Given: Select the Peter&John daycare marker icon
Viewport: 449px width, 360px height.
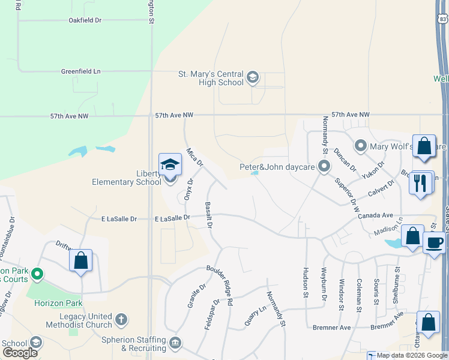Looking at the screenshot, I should click(325, 166).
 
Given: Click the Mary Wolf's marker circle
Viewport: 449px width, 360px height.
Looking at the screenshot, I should click(361, 146).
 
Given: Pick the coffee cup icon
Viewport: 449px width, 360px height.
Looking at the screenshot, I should click(434, 243).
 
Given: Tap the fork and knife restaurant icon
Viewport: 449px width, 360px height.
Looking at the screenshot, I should click(422, 183).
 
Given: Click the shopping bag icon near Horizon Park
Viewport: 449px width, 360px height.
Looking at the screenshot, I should click(81, 262).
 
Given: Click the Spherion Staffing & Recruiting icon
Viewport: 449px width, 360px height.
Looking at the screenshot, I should click(175, 343).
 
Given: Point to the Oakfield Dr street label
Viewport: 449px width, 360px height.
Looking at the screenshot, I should click(85, 20).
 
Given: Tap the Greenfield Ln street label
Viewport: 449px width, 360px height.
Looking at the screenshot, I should click(80, 71).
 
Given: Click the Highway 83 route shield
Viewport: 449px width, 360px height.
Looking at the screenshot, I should click(443, 19).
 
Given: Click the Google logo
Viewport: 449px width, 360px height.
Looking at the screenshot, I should click(20, 353).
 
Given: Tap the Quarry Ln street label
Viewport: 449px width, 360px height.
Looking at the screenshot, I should click(255, 316).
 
